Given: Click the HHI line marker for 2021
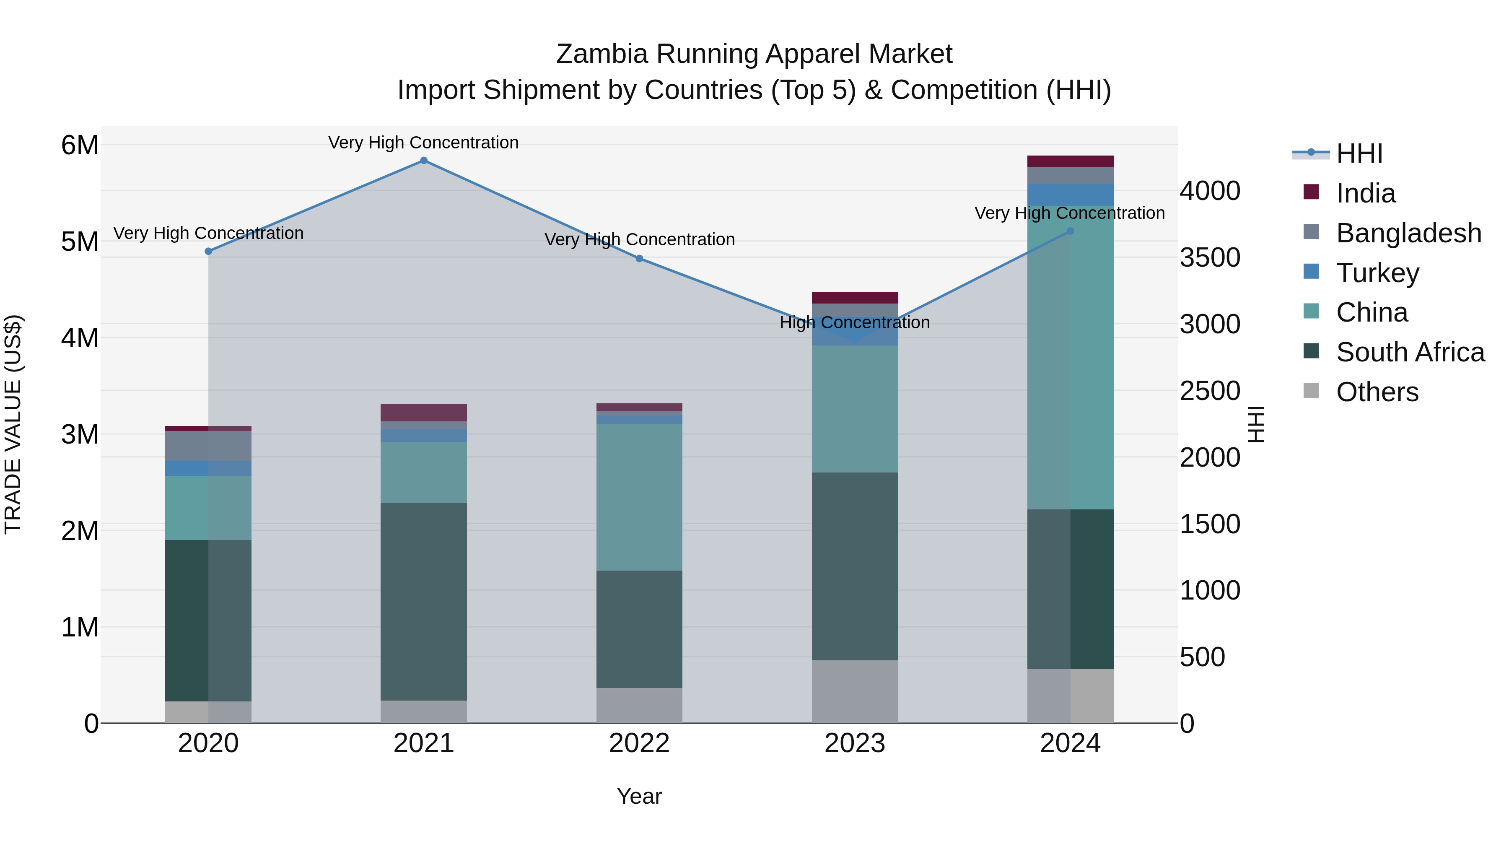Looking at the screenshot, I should pos(423,161).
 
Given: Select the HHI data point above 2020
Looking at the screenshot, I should pos(209,252).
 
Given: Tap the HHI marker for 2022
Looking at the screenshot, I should pos(639,258).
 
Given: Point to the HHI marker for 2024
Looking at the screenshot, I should pos(1070,231).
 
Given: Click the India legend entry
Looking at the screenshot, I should pos(1366,193).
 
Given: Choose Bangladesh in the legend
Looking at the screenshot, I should pos(1408,233).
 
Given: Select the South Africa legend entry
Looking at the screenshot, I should pos(1410,352).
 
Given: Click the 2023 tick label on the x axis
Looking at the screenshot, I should pos(855,743).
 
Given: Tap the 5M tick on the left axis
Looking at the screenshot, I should pos(80,241).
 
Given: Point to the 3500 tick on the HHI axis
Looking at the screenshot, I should pos(1210,258).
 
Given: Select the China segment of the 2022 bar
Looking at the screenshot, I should pos(639,497).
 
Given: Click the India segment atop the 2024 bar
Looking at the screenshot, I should pos(1070,161).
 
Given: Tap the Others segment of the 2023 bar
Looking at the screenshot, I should pos(855,691).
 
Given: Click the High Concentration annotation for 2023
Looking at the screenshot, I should pos(855,323).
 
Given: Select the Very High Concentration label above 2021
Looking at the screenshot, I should pos(423,143).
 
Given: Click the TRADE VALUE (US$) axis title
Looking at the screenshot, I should pos(13,424).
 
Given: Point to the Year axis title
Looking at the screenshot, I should pos(639,796).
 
